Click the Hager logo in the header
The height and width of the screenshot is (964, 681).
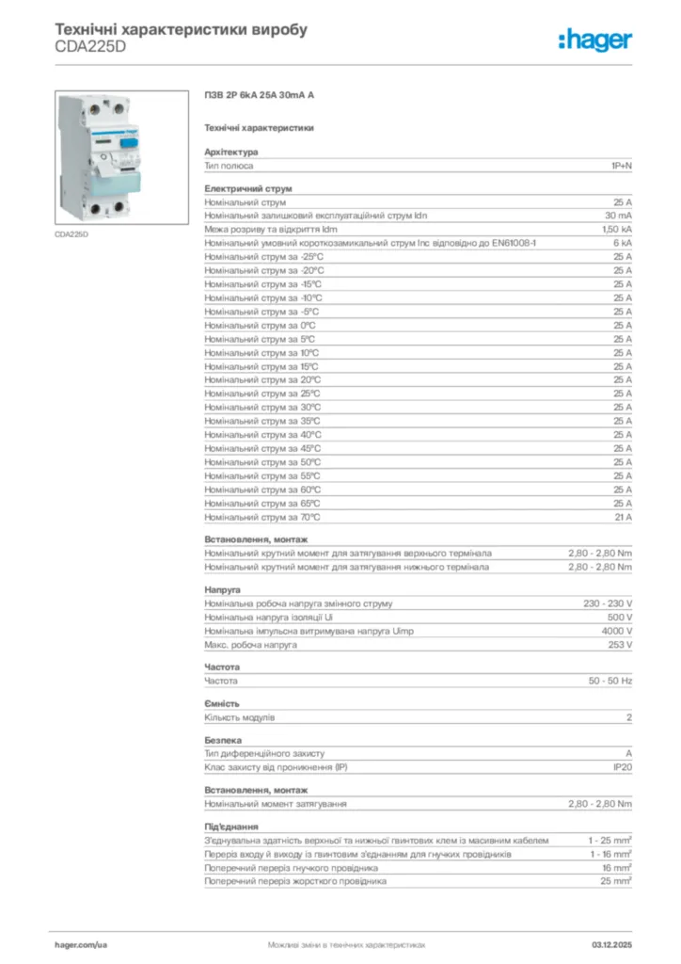(594, 39)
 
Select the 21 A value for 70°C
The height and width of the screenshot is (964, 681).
(623, 517)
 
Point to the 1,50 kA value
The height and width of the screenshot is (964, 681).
(617, 229)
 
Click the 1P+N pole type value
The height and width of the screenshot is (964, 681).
(620, 166)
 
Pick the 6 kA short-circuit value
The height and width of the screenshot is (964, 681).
(622, 243)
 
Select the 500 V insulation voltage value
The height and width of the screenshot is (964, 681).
(620, 617)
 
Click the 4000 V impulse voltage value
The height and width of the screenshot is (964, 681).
(617, 631)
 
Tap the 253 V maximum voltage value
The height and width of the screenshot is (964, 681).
(620, 645)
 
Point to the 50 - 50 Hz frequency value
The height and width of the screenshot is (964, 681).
(610, 680)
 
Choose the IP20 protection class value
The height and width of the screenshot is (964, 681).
(622, 767)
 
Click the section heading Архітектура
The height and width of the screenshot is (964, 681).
(231, 152)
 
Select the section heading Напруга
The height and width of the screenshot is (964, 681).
(223, 589)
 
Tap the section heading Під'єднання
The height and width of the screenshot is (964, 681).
(231, 826)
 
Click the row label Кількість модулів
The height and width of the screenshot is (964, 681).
(240, 717)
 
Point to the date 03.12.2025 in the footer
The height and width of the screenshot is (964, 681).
(611, 943)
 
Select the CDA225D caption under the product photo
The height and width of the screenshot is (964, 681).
(71, 233)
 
